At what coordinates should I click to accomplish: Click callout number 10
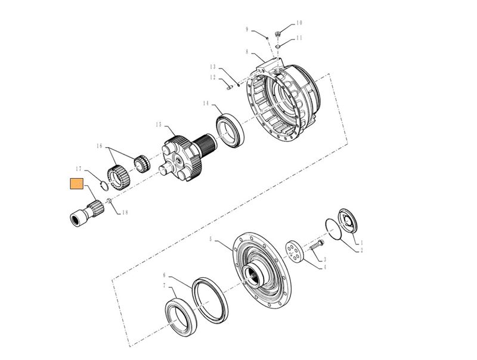click(299, 23)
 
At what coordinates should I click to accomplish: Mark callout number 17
click(78, 169)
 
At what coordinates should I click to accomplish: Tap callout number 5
click(210, 240)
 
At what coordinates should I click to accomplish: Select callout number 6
click(165, 275)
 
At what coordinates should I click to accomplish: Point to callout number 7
click(165, 286)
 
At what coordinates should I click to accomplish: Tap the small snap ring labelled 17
click(103, 184)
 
